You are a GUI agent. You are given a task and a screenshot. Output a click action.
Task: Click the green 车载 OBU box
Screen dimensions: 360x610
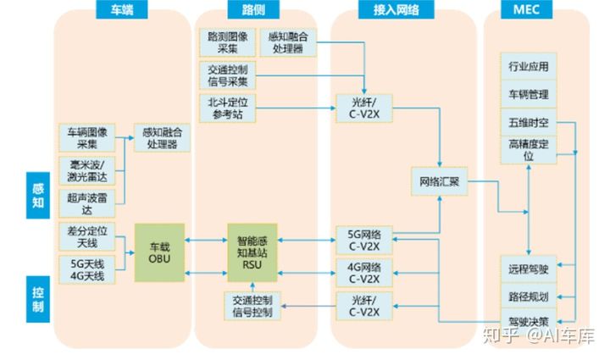pyautogui.click(x=159, y=252)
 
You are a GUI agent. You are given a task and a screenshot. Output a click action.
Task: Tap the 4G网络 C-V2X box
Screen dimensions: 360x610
pyautogui.click(x=362, y=274)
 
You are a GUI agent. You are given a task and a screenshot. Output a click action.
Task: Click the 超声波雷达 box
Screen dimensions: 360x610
pyautogui.click(x=85, y=202)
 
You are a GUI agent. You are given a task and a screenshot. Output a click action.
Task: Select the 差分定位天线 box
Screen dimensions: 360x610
pyautogui.click(x=85, y=236)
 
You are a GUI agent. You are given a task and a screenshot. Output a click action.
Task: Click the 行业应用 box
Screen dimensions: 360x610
pyautogui.click(x=528, y=67)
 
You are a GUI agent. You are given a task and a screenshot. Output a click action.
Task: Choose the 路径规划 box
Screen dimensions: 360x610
pyautogui.click(x=528, y=296)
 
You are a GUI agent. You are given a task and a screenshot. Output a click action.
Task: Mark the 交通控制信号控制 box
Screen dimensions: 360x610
pyautogui.click(x=251, y=307)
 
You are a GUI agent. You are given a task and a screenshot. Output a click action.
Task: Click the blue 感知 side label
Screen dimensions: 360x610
pyautogui.click(x=37, y=194)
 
